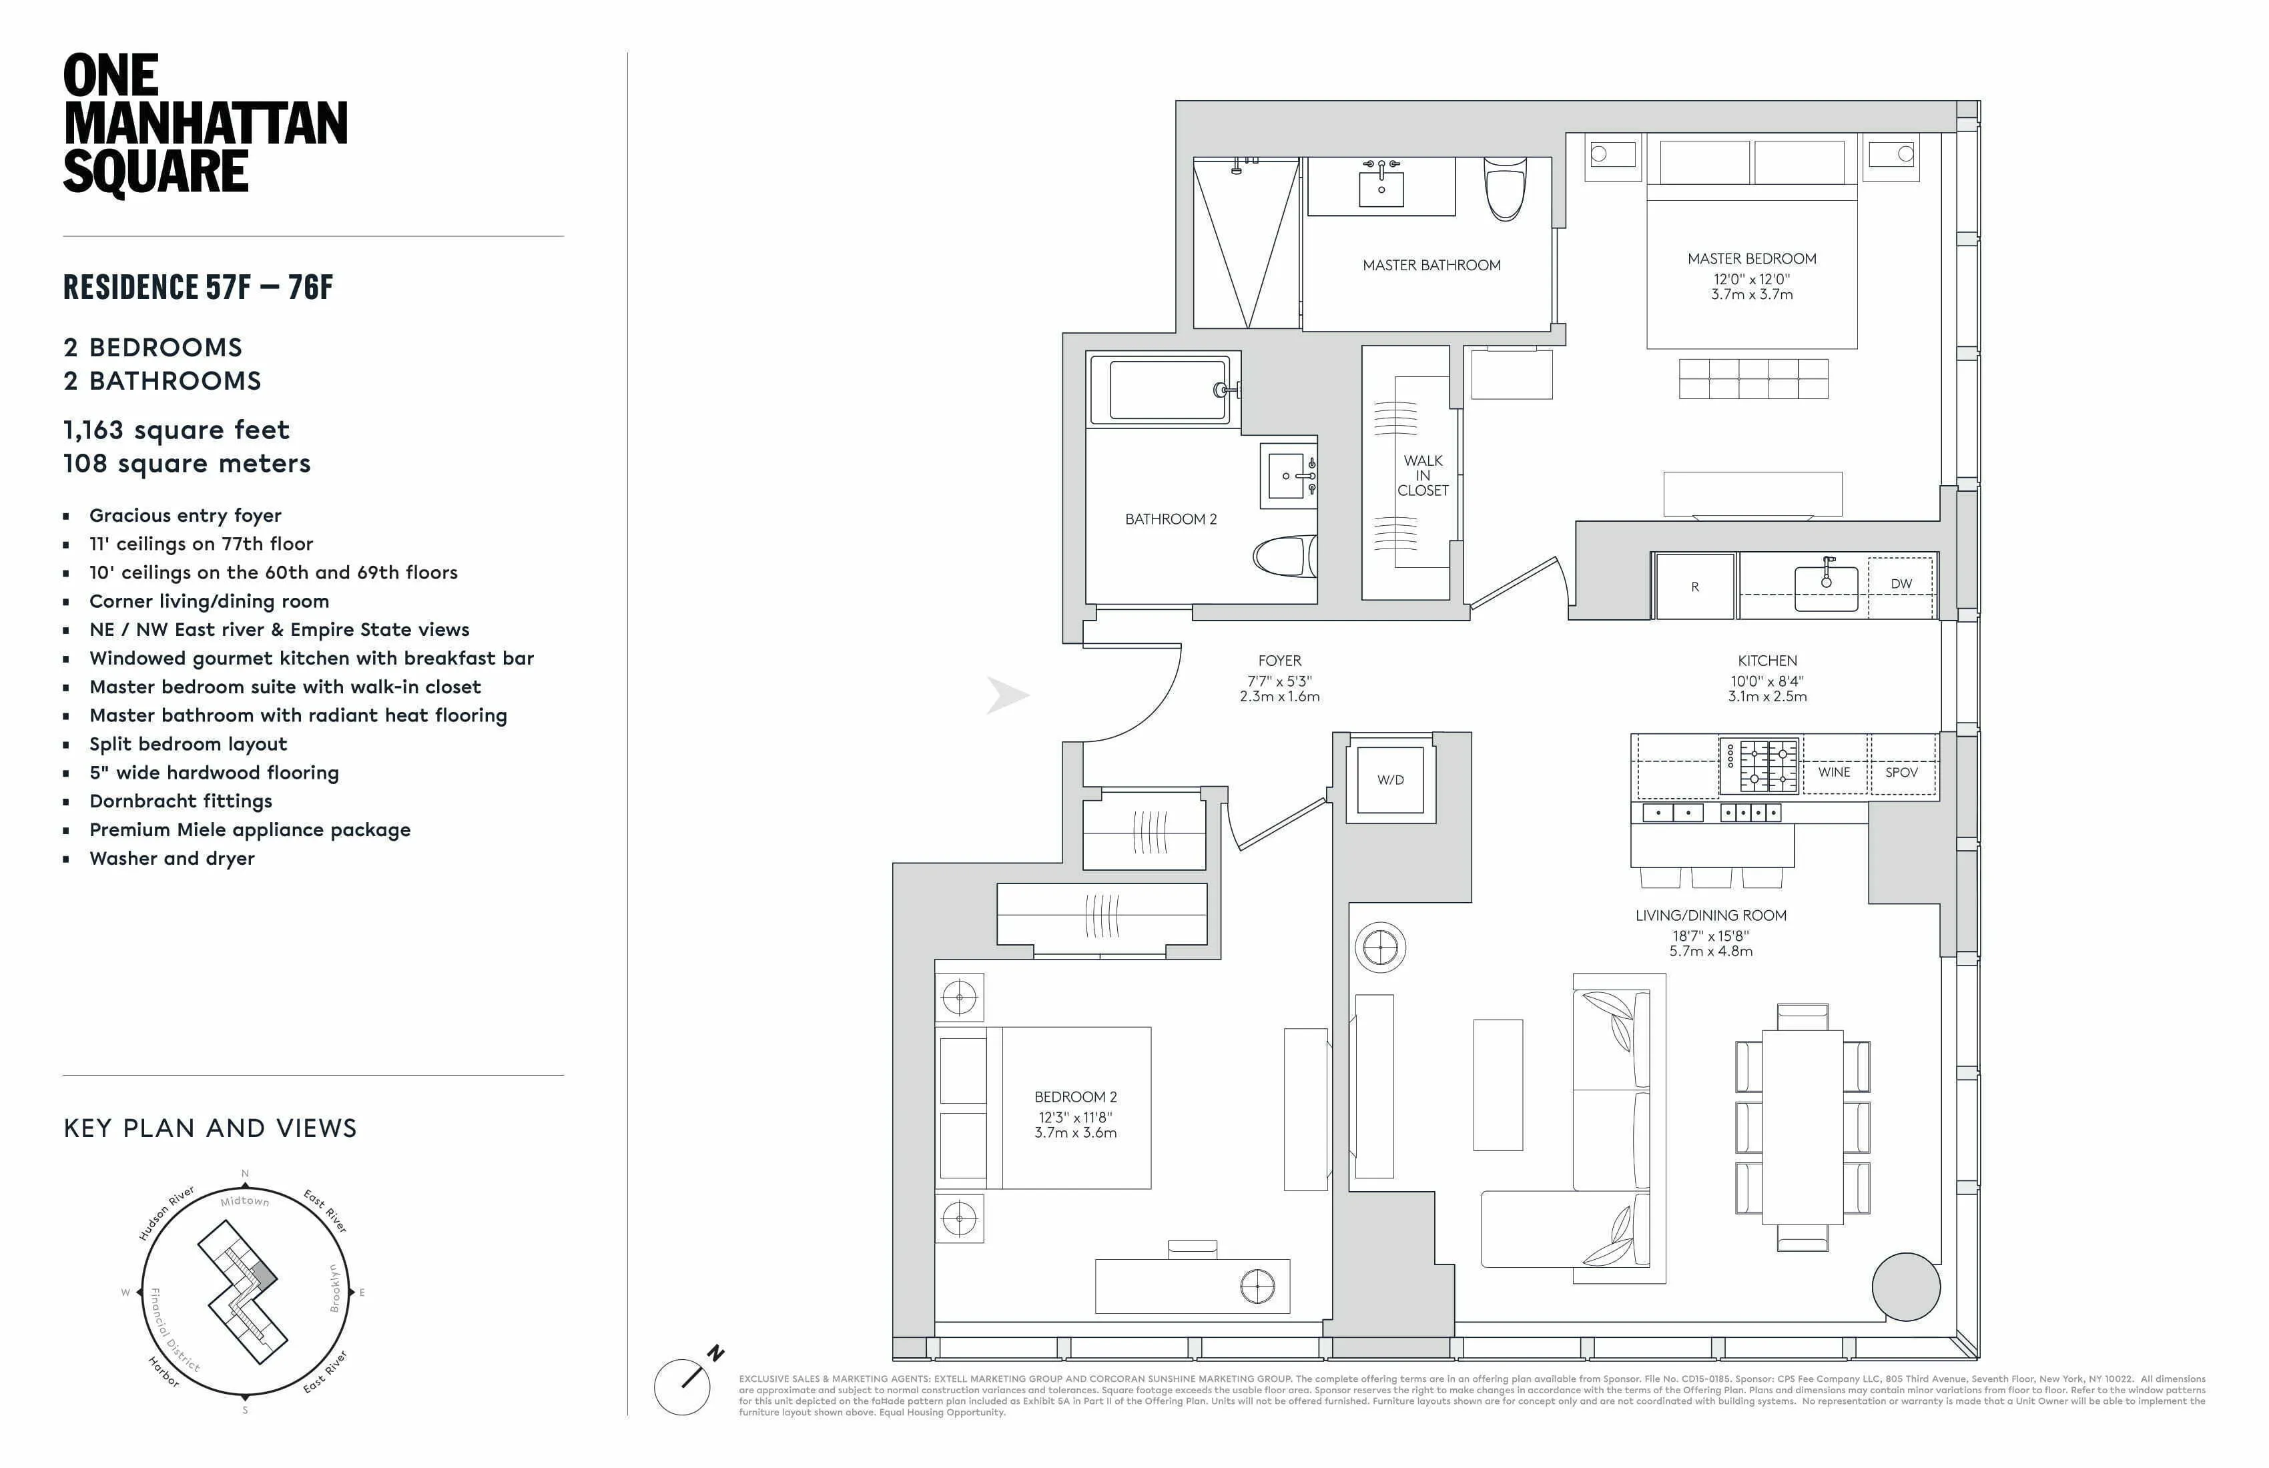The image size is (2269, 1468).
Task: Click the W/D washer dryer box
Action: (1390, 780)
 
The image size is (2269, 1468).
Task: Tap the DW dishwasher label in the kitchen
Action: (1901, 583)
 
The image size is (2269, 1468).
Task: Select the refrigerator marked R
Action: (1694, 587)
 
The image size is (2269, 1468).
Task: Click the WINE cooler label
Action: (1833, 772)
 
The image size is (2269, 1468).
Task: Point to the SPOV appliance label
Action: (1901, 772)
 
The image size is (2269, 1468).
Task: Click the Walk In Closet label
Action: (1422, 474)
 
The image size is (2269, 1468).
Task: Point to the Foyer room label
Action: (1279, 661)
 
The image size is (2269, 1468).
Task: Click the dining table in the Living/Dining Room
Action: (1802, 1127)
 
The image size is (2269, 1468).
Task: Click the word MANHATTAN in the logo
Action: (205, 124)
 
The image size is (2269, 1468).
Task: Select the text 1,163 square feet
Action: (176, 430)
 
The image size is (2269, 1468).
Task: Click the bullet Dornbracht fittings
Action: (180, 801)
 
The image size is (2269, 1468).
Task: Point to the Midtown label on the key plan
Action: (245, 1201)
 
